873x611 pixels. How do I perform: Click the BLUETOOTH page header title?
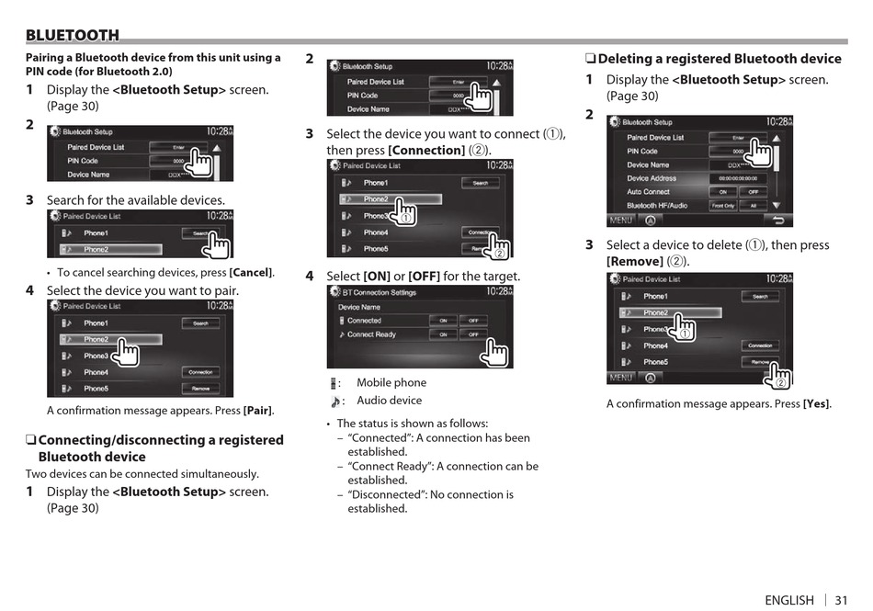(x=73, y=36)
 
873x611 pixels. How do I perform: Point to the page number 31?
(x=841, y=600)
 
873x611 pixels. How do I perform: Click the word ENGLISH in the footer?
(x=788, y=600)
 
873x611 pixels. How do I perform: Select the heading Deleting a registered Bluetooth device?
(x=719, y=59)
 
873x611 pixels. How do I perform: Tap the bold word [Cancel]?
(x=251, y=273)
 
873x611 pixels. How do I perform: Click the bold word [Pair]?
(x=258, y=411)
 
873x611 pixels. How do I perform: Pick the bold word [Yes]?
(x=816, y=404)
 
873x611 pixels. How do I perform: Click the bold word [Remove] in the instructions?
(x=634, y=262)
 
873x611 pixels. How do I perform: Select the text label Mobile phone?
(x=391, y=383)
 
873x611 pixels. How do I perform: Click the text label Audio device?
(x=390, y=401)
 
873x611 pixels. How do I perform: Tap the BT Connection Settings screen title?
(x=379, y=293)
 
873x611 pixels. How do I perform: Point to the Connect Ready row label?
(x=371, y=334)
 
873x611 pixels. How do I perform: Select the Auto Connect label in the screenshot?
(x=648, y=192)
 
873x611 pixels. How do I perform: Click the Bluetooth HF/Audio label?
(x=656, y=206)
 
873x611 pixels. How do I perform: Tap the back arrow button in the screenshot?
(x=779, y=221)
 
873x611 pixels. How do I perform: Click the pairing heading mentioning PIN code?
(x=153, y=64)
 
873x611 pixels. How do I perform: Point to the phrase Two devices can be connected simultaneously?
(x=142, y=474)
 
